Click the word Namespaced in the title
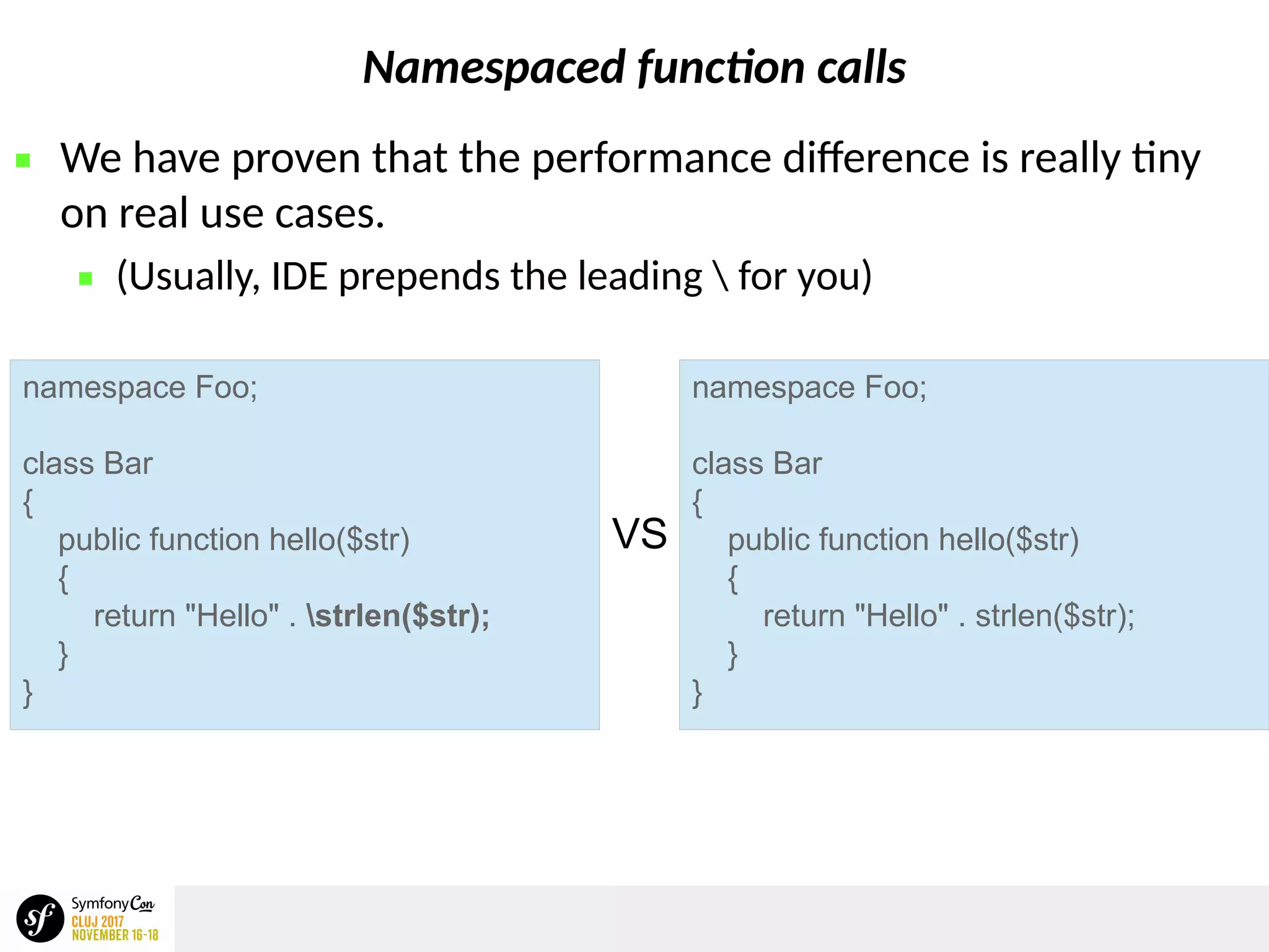tap(494, 68)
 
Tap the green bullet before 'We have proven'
tap(23, 161)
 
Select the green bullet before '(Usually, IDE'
tap(86, 278)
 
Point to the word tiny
tap(1166, 159)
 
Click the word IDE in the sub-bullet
tap(299, 276)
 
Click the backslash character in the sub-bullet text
tap(720, 276)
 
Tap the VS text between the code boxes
tap(639, 534)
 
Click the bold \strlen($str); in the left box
tap(398, 616)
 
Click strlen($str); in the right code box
tap(1055, 616)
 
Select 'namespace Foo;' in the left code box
tap(140, 388)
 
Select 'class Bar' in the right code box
tap(757, 464)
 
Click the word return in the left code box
tap(134, 616)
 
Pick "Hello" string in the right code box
tap(901, 616)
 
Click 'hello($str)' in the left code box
tap(339, 540)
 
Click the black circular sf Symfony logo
tap(40, 919)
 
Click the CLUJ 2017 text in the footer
tap(97, 922)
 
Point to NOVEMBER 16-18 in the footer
tap(115, 935)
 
